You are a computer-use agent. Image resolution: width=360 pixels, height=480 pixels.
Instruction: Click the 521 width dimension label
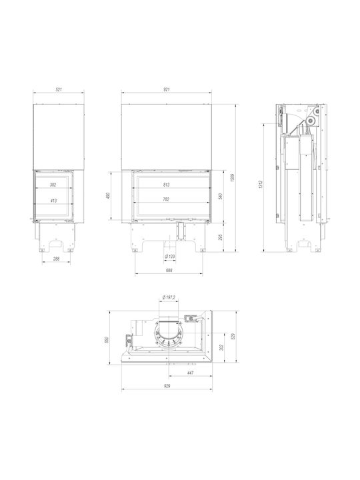click(x=59, y=90)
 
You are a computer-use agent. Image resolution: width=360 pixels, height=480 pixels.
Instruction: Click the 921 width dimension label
click(x=166, y=90)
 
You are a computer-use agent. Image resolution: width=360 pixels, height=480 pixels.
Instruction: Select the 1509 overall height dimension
click(x=233, y=178)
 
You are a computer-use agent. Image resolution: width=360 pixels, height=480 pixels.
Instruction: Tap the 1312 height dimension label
click(x=261, y=185)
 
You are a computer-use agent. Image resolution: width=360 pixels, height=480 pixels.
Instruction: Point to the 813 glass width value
click(x=166, y=185)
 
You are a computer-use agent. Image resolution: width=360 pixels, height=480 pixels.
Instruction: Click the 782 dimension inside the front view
click(x=166, y=199)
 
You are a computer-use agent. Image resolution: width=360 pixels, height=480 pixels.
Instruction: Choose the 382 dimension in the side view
click(x=53, y=185)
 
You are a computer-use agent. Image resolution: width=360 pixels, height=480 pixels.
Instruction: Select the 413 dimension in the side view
click(x=53, y=201)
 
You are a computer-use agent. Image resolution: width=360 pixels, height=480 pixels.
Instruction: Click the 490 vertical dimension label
click(x=108, y=195)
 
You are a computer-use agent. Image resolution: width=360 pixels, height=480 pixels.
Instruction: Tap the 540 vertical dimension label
click(x=220, y=196)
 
